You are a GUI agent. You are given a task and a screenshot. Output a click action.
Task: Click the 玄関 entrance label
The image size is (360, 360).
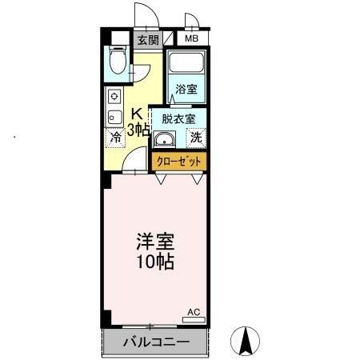[x=146, y=39]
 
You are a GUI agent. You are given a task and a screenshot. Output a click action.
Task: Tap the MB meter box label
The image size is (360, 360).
[x=192, y=38]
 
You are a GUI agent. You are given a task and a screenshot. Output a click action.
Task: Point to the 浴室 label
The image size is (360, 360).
[x=187, y=90]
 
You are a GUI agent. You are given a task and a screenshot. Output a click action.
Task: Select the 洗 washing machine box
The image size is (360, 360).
[x=196, y=137]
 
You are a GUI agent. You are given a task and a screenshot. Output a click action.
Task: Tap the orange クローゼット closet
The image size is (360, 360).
[x=178, y=161]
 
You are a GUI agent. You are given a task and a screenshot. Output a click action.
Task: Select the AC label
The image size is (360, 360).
[x=194, y=311]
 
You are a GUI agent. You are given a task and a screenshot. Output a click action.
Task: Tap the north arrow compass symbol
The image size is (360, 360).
[x=246, y=342]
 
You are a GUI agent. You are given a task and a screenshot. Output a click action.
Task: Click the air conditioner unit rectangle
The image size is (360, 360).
[x=194, y=319]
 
